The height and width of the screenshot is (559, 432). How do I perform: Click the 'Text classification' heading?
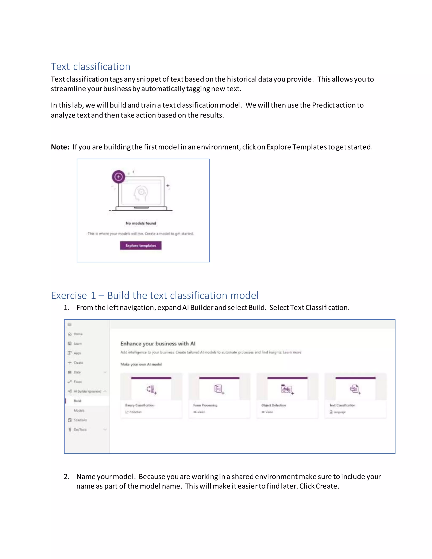click(x=90, y=66)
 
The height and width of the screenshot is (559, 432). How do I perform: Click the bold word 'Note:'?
click(x=60, y=147)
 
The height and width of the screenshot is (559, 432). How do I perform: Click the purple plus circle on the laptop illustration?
click(x=119, y=177)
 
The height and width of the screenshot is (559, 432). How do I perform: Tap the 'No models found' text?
click(x=141, y=223)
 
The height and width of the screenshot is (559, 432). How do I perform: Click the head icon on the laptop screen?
click(x=141, y=193)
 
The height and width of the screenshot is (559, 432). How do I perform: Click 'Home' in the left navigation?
click(x=78, y=334)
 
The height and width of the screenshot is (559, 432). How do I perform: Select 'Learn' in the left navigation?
click(x=78, y=343)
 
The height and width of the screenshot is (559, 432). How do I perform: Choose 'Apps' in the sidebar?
click(x=77, y=353)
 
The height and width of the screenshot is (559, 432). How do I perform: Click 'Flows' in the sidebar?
click(x=78, y=382)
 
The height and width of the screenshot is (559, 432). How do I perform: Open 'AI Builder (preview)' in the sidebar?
click(x=87, y=391)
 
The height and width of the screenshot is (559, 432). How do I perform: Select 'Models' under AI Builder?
click(x=79, y=410)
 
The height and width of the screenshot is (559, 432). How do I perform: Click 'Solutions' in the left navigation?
click(x=80, y=420)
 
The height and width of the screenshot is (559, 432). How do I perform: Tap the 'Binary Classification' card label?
click(x=140, y=405)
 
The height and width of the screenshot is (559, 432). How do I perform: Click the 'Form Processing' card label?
click(x=205, y=405)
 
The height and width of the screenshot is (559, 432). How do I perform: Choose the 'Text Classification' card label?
click(x=342, y=405)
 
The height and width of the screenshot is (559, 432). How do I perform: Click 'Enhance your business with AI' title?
click(x=158, y=343)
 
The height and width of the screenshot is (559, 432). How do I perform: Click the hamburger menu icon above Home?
click(x=69, y=324)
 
